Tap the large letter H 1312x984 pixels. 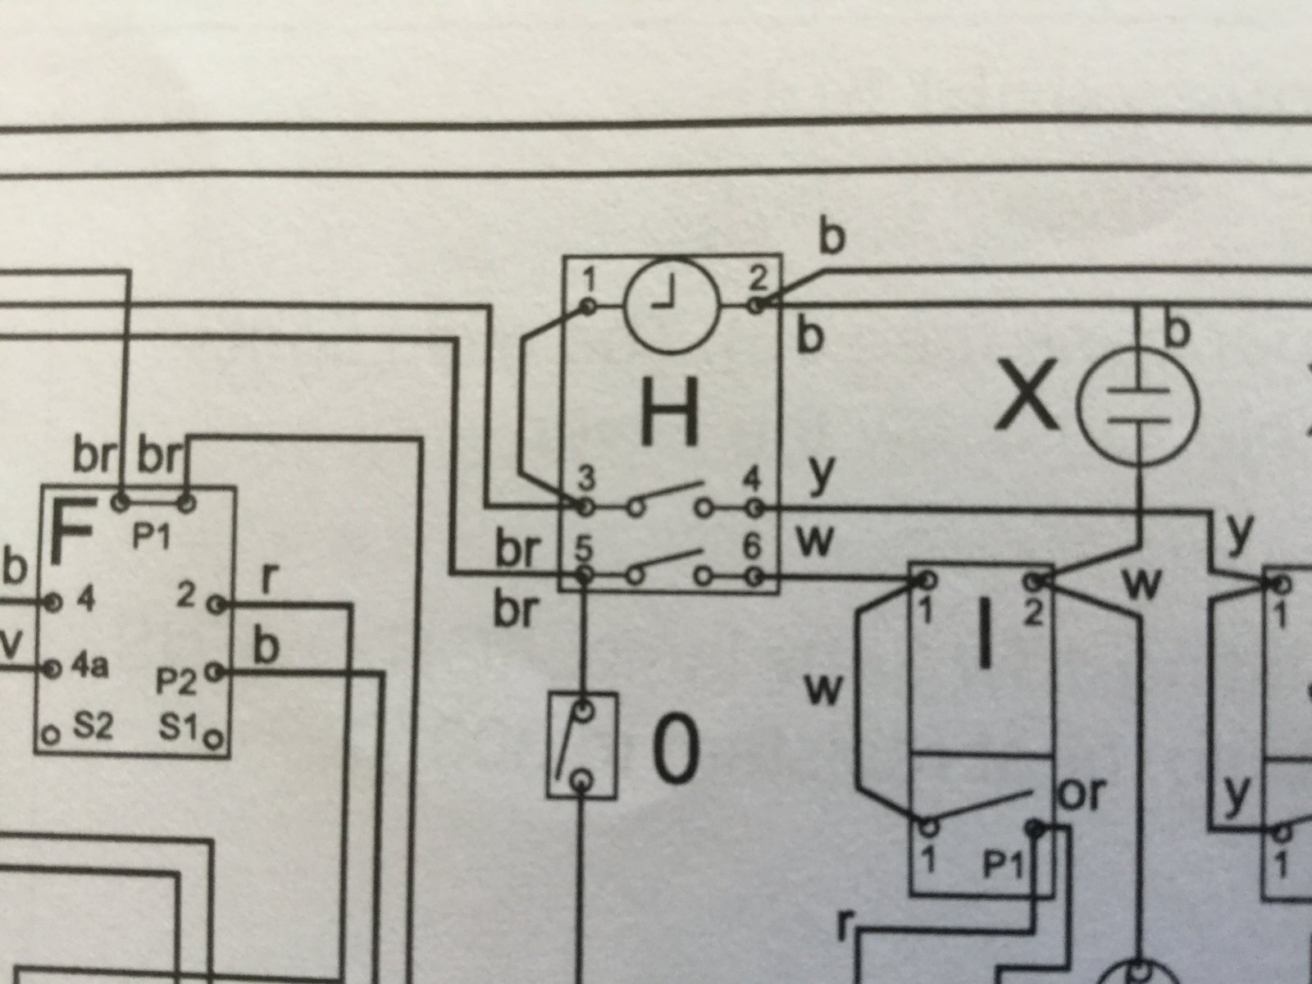tap(669, 412)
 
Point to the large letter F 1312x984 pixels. tap(74, 533)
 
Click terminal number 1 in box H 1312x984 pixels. tap(590, 279)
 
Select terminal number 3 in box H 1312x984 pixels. tap(586, 478)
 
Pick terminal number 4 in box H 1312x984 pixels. tap(752, 479)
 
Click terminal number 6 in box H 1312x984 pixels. tap(753, 545)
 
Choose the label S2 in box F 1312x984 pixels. tap(93, 727)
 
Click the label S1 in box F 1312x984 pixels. tap(177, 727)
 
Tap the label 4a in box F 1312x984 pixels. tap(89, 666)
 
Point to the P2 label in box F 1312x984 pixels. tap(175, 681)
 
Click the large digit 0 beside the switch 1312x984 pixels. tap(675, 749)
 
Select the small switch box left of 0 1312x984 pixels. tap(582, 745)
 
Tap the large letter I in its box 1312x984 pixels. tap(984, 635)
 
